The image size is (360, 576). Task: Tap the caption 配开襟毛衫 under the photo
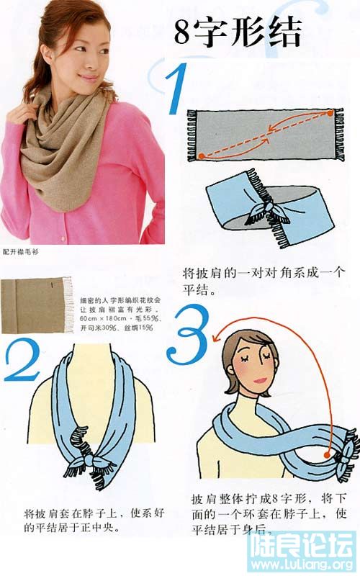click(x=20, y=253)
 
